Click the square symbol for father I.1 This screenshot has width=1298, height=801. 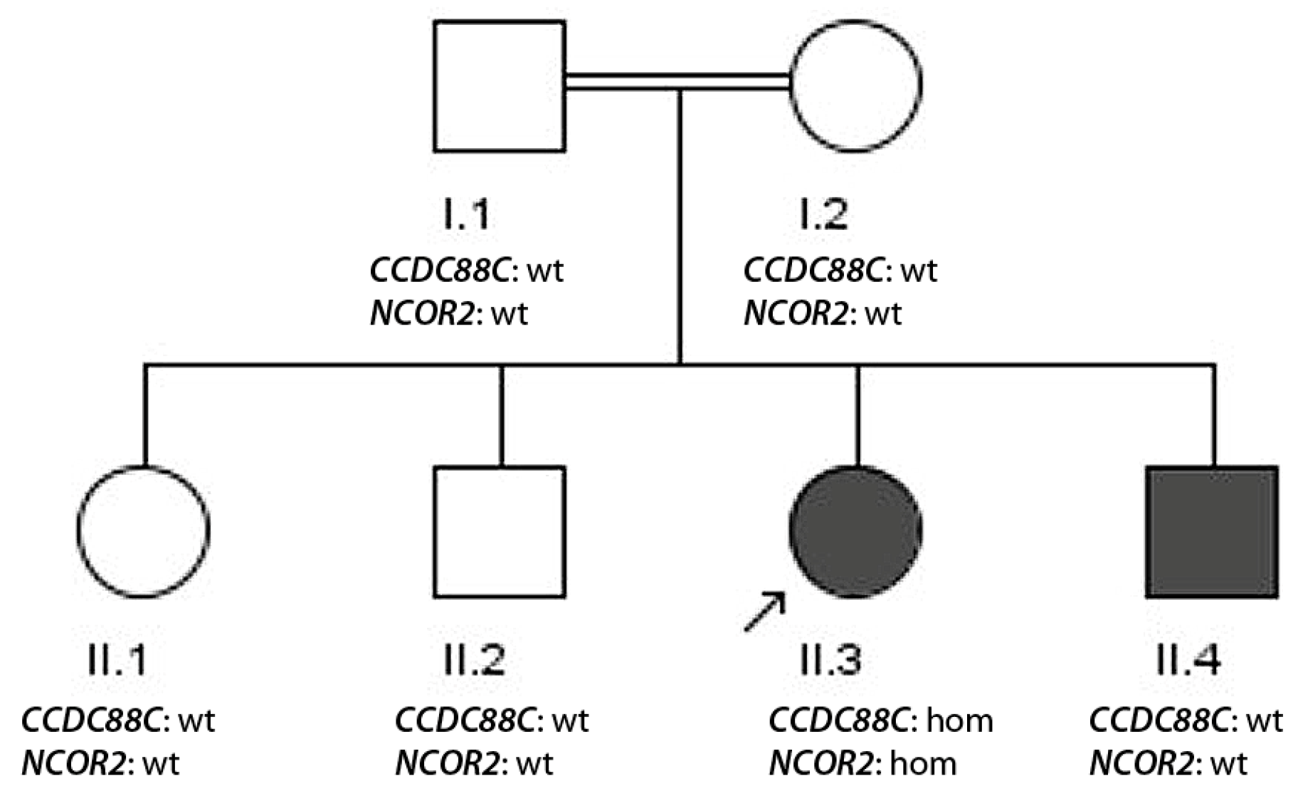click(x=500, y=86)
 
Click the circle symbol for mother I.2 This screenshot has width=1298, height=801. click(x=857, y=85)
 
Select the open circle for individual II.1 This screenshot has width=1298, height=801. click(x=144, y=531)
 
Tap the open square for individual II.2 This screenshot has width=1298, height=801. click(x=500, y=531)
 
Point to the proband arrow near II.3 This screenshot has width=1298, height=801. click(x=765, y=612)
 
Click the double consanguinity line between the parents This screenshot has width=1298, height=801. click(x=676, y=80)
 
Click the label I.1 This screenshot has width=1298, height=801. click(x=466, y=214)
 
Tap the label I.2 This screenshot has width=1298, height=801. click(x=823, y=214)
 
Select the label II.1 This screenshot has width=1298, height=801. click(x=117, y=660)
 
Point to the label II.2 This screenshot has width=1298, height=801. click(x=474, y=660)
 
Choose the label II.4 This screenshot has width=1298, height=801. click(x=1188, y=660)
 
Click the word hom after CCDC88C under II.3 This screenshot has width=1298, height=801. click(x=959, y=721)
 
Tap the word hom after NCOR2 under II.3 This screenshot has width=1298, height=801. click(x=924, y=764)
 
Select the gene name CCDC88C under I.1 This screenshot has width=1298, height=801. click(x=440, y=271)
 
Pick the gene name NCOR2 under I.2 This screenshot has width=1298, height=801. click(x=796, y=313)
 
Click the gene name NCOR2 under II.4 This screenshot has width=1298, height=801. click(x=1141, y=764)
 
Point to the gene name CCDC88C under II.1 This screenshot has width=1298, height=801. click(x=92, y=721)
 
